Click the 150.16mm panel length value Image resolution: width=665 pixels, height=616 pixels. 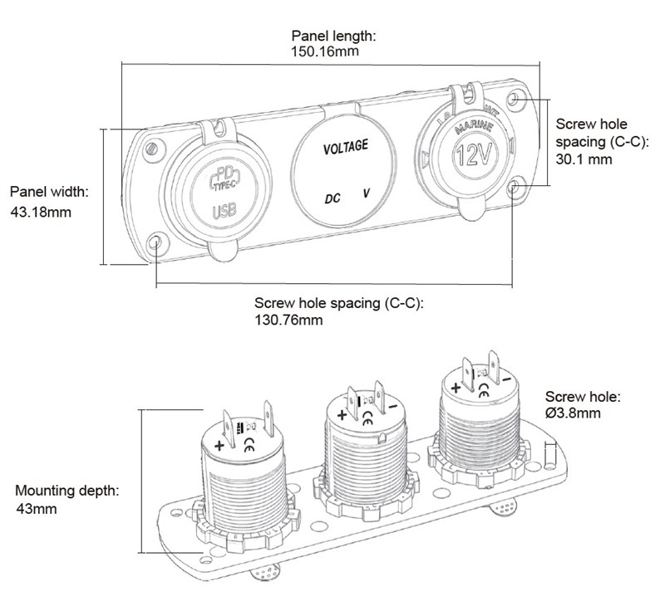pos(319,52)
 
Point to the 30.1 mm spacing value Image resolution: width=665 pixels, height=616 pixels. pos(584,159)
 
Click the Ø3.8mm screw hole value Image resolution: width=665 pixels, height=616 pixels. pos(574,413)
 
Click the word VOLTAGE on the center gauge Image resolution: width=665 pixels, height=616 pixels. pos(345,148)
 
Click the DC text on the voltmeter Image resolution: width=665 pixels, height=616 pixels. pos(332,198)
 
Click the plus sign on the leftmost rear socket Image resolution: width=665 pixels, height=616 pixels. pos(219,446)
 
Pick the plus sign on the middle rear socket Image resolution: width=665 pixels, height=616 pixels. pos(342,414)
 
